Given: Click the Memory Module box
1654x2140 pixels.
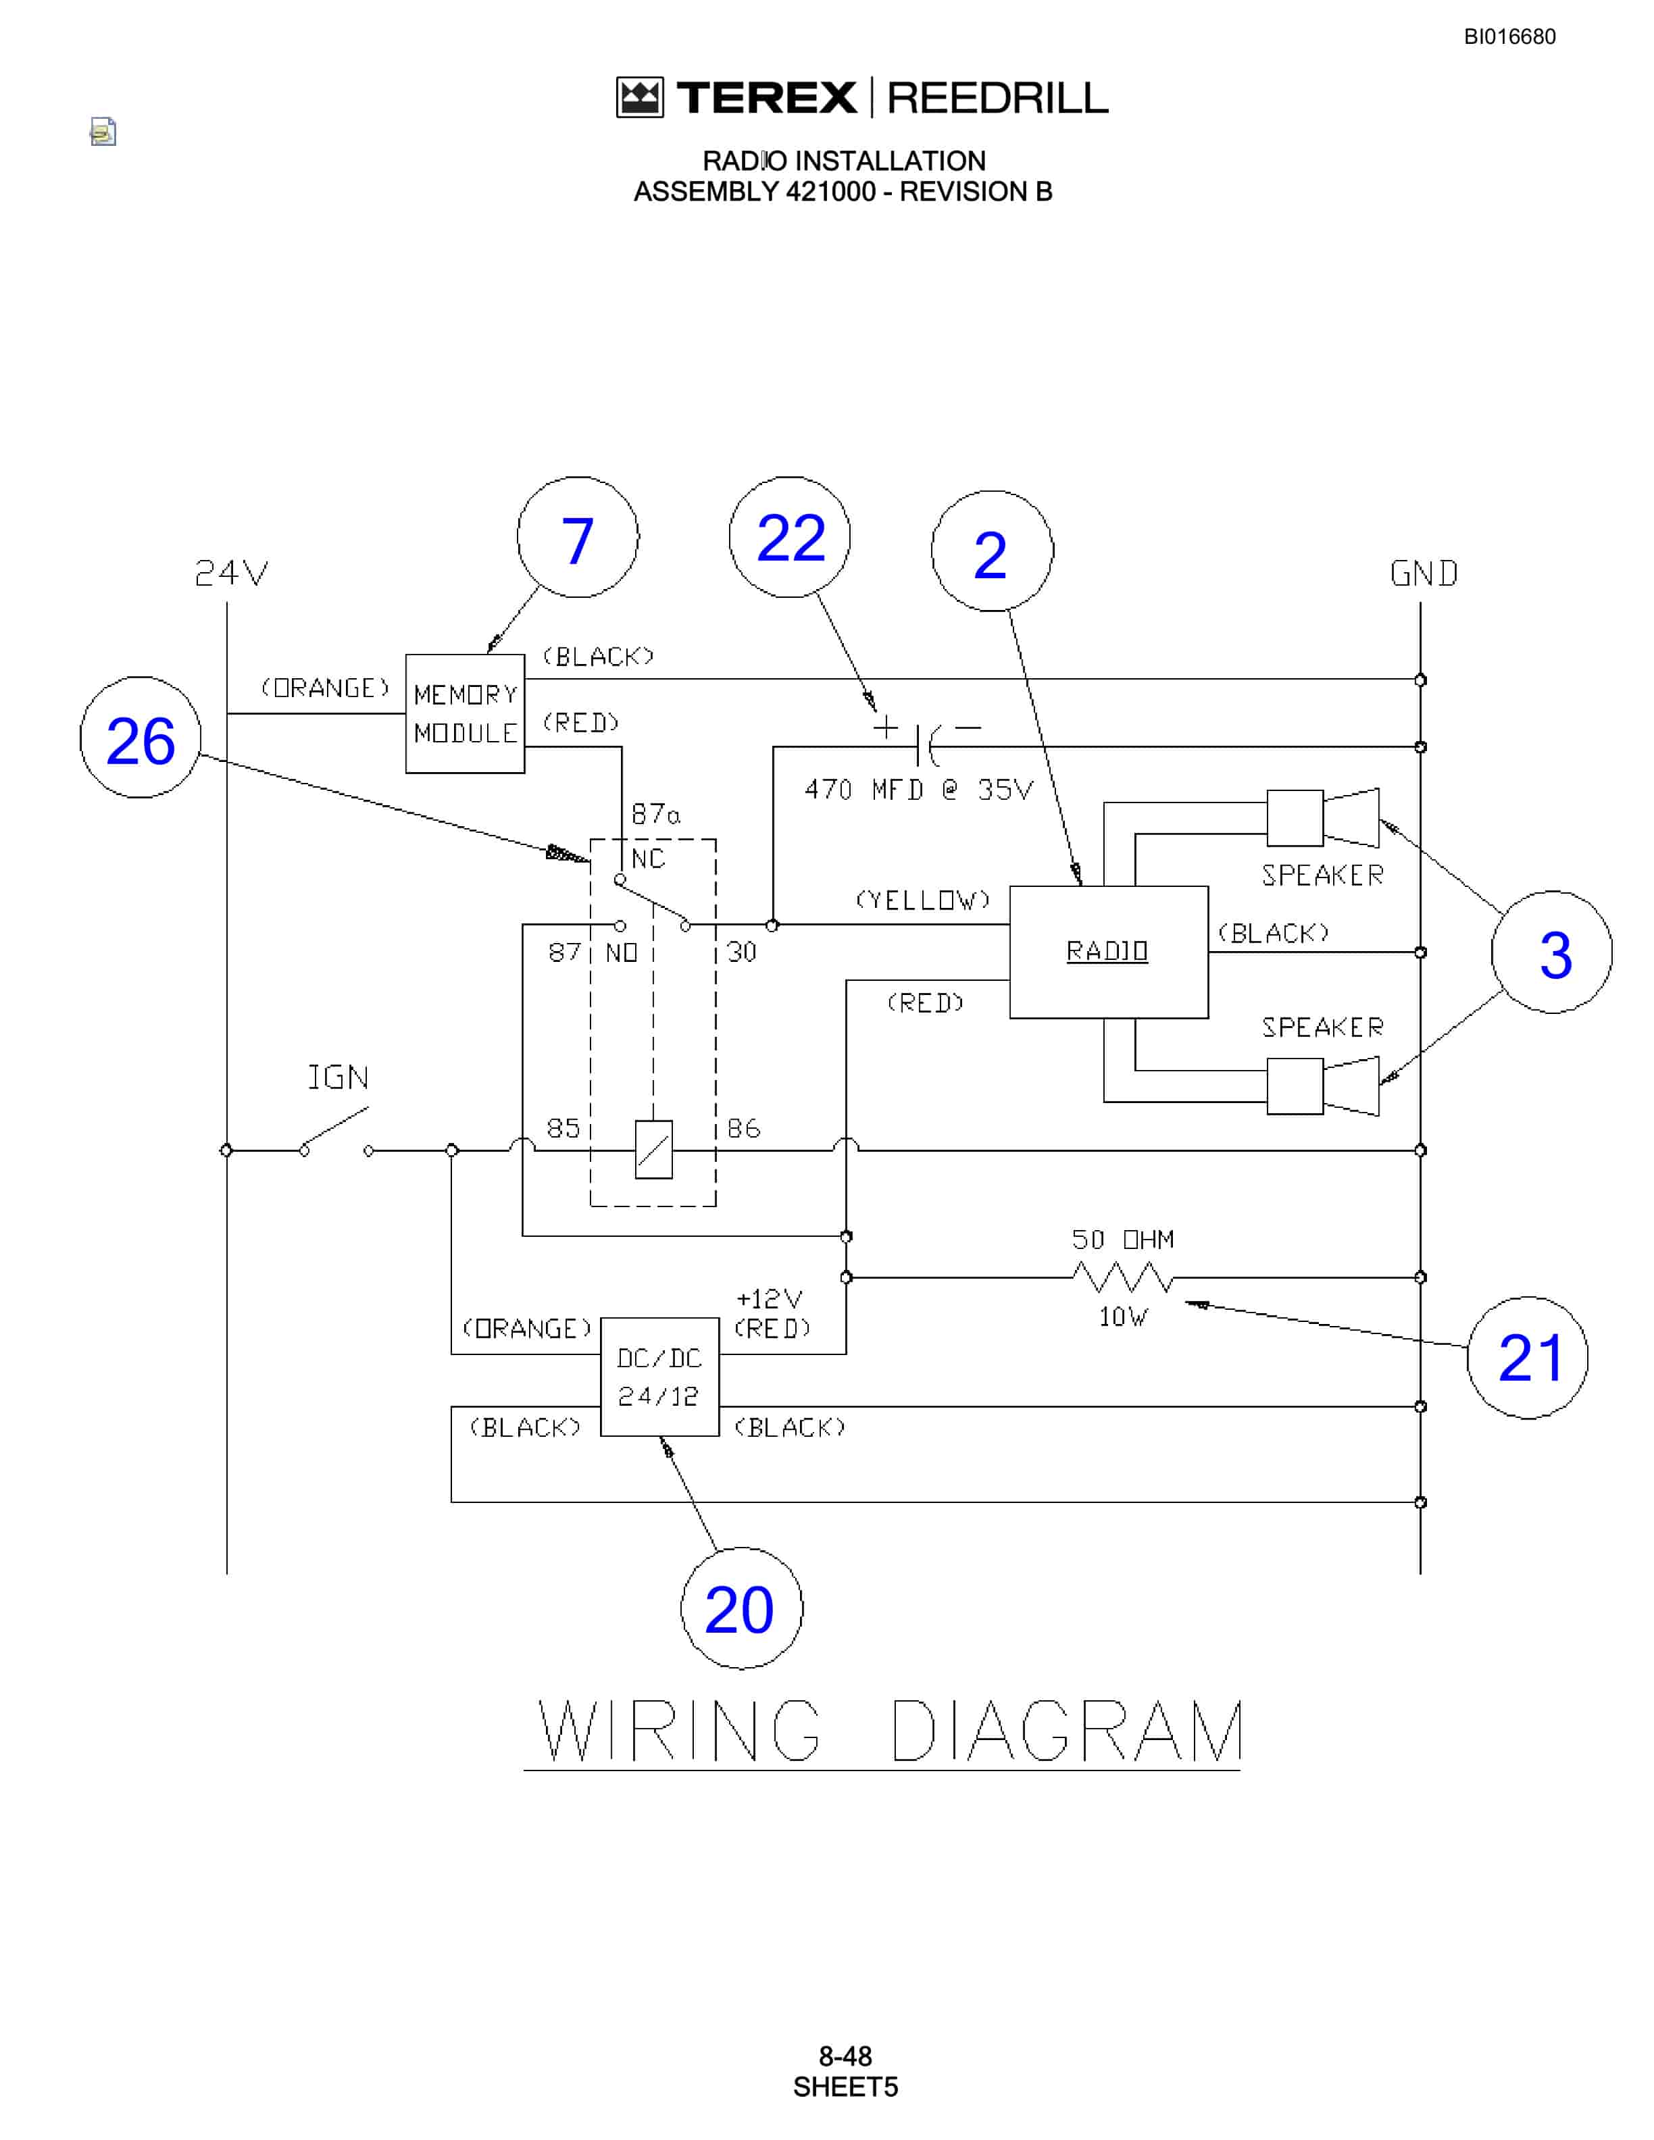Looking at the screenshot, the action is (466, 713).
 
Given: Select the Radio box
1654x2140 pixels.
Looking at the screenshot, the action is (1108, 952).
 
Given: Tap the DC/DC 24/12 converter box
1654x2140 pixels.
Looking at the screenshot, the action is (659, 1377).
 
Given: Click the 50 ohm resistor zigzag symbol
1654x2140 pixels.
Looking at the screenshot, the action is (1123, 1277).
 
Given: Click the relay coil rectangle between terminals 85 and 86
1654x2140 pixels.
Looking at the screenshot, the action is (653, 1149).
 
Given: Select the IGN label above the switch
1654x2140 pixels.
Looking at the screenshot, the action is (338, 1078).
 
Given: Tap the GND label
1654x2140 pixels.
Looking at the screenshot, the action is (1424, 574).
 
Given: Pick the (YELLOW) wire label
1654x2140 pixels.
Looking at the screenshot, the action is (923, 900).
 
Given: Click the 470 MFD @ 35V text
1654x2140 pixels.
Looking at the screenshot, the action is (919, 790).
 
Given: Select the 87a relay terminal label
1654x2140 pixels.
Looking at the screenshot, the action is (655, 814).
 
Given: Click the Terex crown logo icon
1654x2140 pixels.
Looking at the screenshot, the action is (640, 98).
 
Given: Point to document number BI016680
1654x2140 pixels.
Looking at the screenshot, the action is (1509, 37).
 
